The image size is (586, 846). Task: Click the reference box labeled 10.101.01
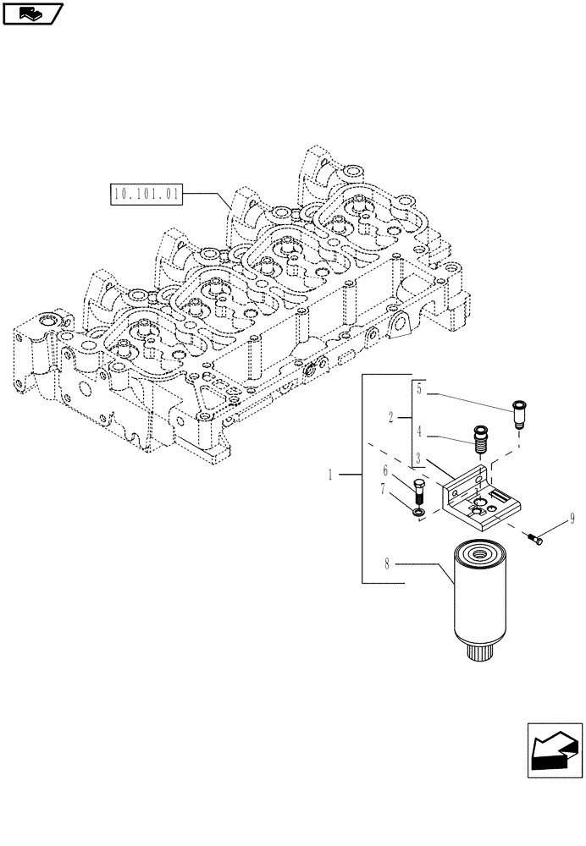point(146,195)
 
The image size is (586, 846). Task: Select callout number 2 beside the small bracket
point(390,417)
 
